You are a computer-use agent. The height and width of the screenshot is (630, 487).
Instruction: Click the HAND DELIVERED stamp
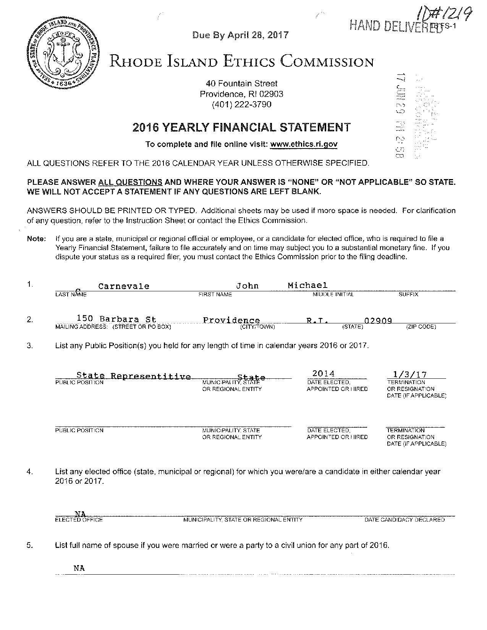click(395, 26)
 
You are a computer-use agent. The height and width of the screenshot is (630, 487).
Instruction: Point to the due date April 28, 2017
click(240, 35)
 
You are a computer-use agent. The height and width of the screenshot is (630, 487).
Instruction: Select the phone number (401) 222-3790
click(241, 104)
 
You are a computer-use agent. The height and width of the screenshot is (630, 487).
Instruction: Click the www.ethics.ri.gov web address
click(304, 144)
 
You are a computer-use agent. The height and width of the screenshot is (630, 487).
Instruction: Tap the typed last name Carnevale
click(124, 286)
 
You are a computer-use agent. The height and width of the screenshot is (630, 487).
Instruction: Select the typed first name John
click(247, 286)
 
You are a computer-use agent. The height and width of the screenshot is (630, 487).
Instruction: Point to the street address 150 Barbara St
click(116, 318)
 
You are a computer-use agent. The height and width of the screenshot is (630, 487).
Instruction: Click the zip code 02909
click(379, 321)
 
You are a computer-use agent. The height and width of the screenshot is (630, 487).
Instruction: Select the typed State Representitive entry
click(133, 376)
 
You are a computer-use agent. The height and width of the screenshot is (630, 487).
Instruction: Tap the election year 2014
click(323, 373)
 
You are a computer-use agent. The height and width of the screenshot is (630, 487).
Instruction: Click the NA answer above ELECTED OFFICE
click(80, 514)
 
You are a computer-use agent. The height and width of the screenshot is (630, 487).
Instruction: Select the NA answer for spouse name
click(79, 568)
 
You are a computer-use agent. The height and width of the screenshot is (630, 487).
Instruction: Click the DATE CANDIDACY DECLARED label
click(404, 520)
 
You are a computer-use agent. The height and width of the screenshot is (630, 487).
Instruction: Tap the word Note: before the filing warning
click(36, 239)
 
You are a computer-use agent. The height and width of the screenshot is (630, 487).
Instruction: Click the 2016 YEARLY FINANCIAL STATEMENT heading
click(241, 127)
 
